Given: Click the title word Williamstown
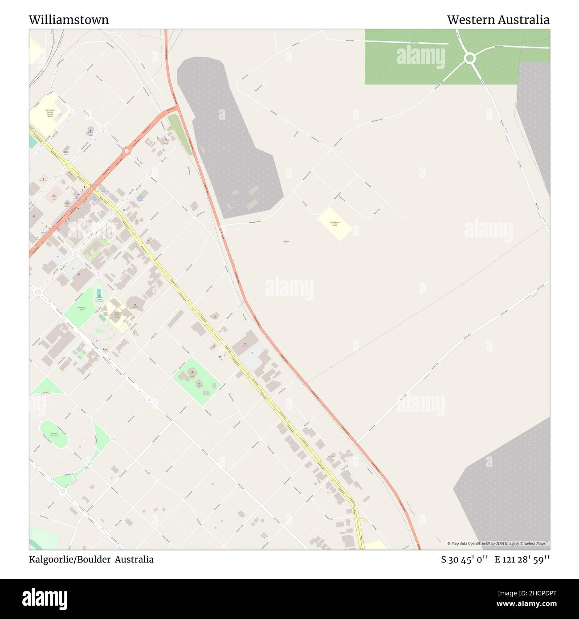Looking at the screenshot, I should (69, 20).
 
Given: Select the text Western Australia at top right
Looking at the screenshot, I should (498, 20).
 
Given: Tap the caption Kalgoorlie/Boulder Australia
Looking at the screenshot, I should (91, 559).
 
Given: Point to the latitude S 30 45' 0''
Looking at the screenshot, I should (465, 559).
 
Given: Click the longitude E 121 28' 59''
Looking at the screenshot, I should (522, 559).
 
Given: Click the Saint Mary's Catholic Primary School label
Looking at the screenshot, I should (50, 113).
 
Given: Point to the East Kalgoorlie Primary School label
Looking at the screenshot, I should (335, 224).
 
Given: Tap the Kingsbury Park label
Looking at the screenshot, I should (82, 308).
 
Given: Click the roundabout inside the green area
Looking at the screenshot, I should (469, 58).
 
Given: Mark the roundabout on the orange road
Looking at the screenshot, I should (126, 151).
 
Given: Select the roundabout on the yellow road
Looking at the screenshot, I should (68, 165).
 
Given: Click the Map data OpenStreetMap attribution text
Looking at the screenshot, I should (497, 543).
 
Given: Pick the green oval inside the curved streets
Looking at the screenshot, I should (54, 433).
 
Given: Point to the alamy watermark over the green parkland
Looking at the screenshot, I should (420, 57).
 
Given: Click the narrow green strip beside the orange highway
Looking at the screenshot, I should (179, 132).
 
